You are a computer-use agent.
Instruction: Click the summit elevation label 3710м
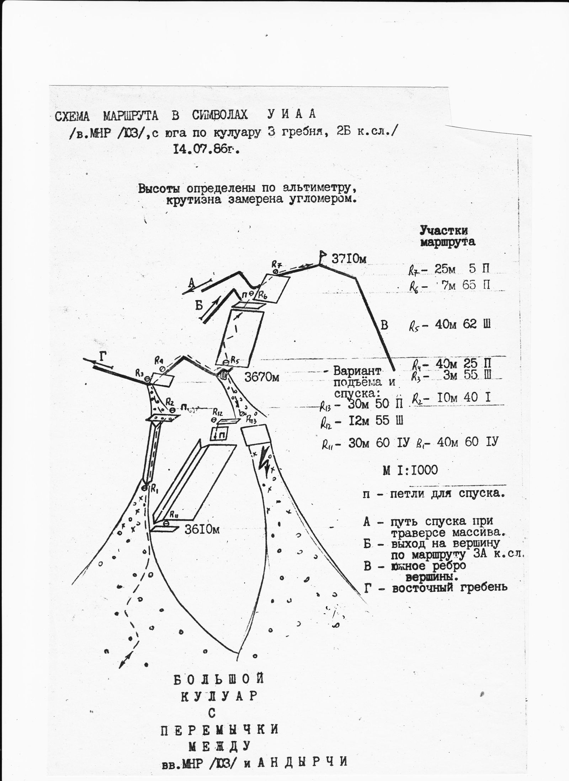coord(349,259)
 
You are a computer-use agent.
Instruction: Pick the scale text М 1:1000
coord(410,470)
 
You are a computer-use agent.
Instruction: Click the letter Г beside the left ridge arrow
coord(103,357)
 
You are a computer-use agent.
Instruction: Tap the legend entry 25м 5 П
coord(462,269)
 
